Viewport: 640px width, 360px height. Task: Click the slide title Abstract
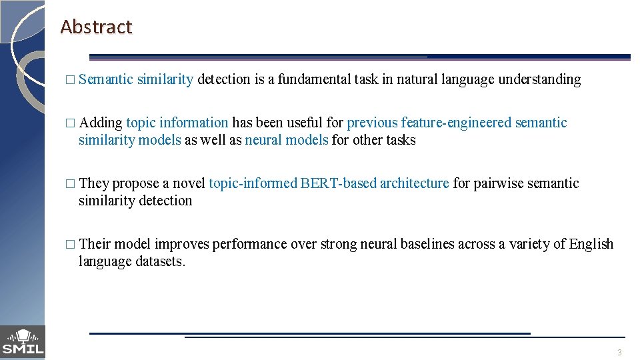click(96, 27)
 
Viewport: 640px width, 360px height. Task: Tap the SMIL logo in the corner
click(23, 342)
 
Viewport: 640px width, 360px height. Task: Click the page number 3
click(619, 352)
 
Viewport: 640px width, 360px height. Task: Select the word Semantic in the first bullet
click(106, 80)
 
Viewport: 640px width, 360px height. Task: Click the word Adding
click(101, 123)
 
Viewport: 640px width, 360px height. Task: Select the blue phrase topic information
click(177, 123)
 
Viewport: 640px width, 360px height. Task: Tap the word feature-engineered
click(457, 123)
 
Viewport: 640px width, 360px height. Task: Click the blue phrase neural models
click(287, 140)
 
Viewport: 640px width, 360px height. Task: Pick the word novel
click(189, 183)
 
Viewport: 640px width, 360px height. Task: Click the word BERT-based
click(339, 183)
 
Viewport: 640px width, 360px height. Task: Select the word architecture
click(415, 183)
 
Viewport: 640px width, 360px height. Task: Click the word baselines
click(427, 244)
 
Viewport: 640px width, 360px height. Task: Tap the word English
click(591, 244)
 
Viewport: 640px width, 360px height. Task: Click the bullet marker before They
click(71, 184)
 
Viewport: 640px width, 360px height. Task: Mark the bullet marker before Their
click(71, 245)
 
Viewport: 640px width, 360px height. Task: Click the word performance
click(250, 244)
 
